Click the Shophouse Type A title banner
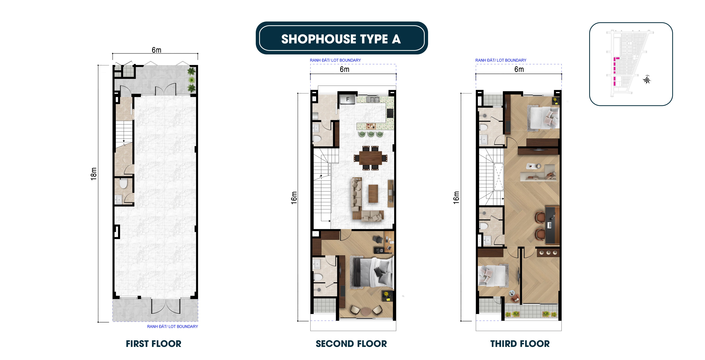coord(341,38)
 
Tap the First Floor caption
coord(154,344)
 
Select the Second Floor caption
coord(351,344)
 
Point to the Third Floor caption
coord(520,344)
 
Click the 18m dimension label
coord(94,174)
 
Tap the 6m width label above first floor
coord(157,50)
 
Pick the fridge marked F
coord(348,99)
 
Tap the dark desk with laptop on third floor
coord(553,225)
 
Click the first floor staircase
coord(124,134)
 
